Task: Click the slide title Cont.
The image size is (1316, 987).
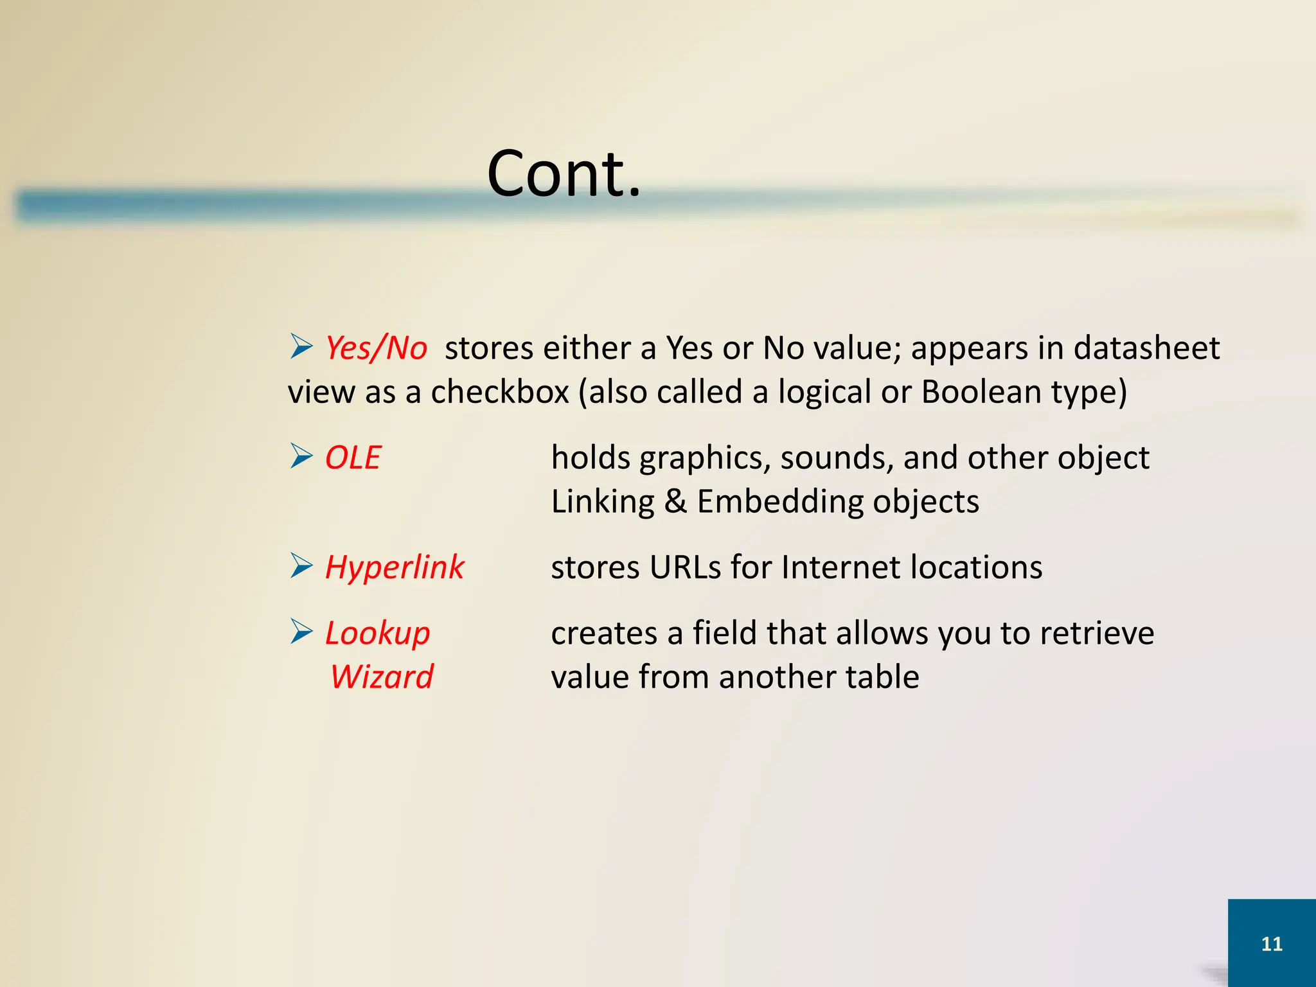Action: [564, 173]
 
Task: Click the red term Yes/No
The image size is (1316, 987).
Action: [376, 348]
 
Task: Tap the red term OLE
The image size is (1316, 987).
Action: [353, 458]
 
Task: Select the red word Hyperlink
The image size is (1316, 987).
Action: [394, 567]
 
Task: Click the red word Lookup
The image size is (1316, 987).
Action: [377, 633]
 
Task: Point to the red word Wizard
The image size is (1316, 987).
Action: [382, 677]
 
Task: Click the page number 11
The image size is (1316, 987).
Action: [1272, 943]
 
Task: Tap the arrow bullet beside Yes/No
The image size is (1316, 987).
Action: [301, 346]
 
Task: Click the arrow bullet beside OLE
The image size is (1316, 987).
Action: [301, 456]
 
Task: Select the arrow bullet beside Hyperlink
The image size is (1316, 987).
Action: [301, 565]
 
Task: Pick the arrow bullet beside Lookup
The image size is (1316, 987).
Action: [301, 631]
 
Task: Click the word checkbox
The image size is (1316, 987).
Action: [499, 392]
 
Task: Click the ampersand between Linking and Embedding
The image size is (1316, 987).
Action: [675, 501]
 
